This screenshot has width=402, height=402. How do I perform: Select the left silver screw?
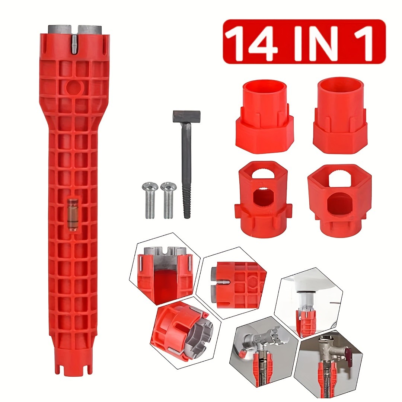point(150,199)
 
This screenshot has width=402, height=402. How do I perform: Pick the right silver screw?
point(168,199)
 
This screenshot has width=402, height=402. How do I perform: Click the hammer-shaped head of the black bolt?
point(186,117)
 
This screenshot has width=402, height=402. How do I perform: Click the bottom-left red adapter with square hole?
point(263,199)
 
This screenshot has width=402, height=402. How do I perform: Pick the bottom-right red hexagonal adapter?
point(339,199)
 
